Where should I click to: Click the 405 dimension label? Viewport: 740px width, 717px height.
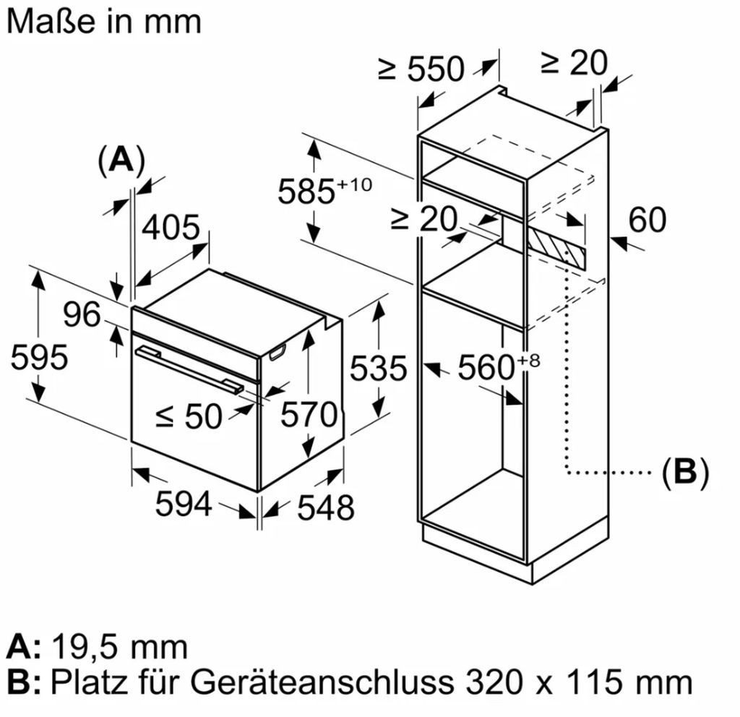pos(171,227)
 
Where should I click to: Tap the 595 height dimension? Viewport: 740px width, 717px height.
pos(39,357)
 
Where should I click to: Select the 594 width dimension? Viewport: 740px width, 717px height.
pos(184,504)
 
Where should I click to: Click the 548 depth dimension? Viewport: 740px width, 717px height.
pos(326,507)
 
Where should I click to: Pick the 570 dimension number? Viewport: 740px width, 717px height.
pos(309,414)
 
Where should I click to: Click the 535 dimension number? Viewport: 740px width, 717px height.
pos(378,368)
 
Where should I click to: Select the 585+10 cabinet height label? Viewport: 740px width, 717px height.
pos(324,190)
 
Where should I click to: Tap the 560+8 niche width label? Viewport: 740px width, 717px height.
pos(499,366)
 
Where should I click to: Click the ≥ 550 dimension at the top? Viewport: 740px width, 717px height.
pos(421,69)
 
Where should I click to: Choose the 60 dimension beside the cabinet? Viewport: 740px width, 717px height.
pos(647,220)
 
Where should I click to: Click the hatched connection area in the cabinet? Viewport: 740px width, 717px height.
pos(557,248)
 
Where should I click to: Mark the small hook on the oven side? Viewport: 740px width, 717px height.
pos(277,352)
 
